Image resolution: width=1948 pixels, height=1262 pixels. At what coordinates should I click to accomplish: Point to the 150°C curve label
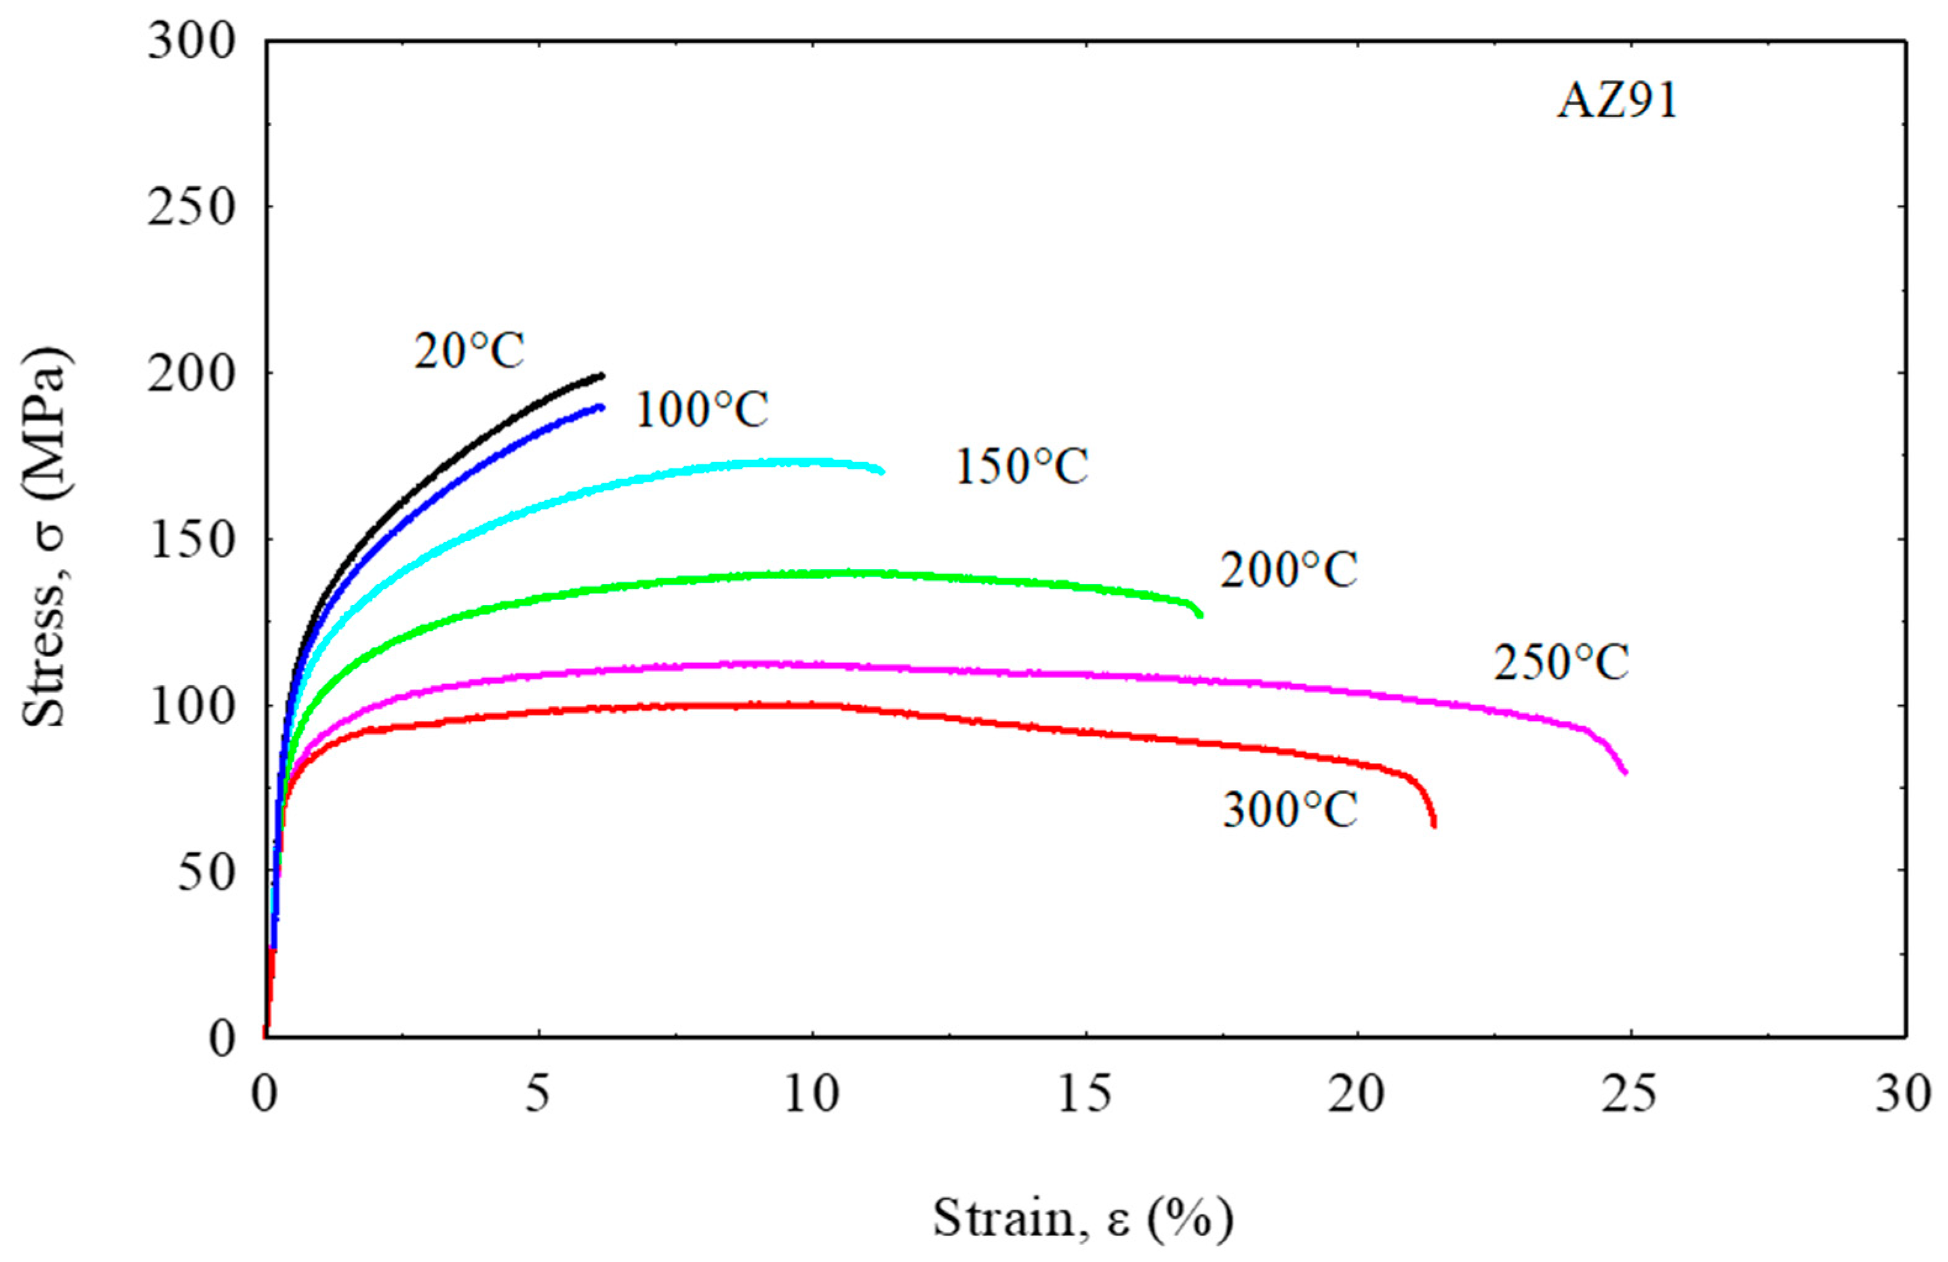tap(1021, 466)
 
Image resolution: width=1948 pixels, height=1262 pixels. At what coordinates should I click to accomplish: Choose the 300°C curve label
tap(1290, 810)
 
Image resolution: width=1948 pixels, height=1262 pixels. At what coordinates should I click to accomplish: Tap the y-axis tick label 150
tap(191, 539)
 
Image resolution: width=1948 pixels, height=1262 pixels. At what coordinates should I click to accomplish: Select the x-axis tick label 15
tap(1084, 1094)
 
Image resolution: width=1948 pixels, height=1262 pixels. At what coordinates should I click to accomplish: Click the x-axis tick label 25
tap(1629, 1094)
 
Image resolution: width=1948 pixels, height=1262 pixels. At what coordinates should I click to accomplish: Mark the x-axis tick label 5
tap(538, 1094)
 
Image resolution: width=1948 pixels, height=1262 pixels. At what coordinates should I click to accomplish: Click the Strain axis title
tap(1082, 1217)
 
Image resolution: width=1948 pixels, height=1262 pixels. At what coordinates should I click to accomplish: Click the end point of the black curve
tap(603, 376)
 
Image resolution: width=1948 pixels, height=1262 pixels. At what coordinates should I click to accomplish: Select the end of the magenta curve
tap(1625, 772)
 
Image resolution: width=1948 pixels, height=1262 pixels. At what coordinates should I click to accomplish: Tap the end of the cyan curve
tap(881, 471)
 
